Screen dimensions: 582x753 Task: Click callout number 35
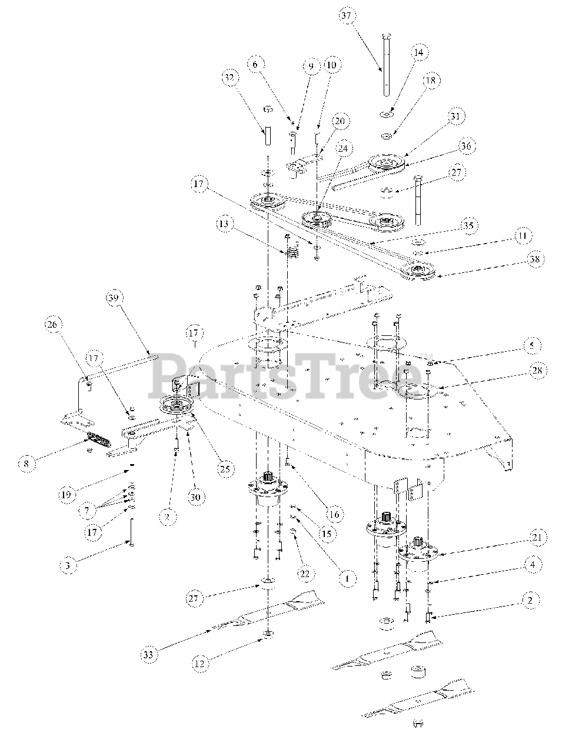click(x=469, y=225)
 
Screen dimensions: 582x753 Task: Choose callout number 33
click(x=149, y=654)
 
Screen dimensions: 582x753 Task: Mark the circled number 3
click(x=68, y=565)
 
